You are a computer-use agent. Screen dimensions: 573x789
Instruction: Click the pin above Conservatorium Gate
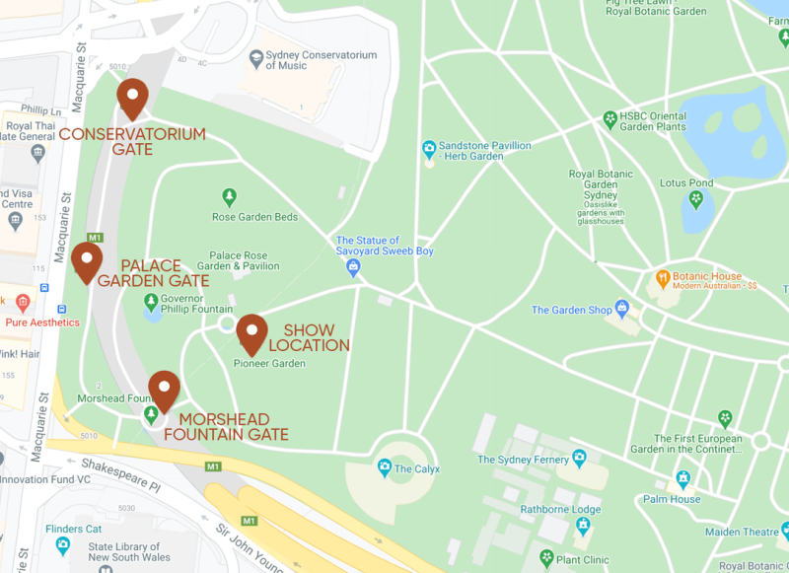click(132, 97)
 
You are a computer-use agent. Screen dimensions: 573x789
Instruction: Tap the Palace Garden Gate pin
click(87, 260)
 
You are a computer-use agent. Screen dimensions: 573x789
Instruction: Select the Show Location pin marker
click(252, 332)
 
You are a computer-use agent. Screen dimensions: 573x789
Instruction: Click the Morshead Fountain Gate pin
click(164, 389)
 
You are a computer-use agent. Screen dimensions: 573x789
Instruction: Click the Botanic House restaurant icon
click(664, 279)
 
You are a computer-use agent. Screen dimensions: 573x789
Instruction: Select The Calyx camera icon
click(383, 466)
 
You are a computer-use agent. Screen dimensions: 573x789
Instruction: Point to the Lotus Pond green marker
click(696, 199)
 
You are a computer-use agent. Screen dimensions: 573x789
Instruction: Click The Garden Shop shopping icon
click(621, 309)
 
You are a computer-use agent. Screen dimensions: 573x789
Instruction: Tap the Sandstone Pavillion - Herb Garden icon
click(429, 150)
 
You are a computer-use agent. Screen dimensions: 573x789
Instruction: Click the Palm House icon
click(682, 480)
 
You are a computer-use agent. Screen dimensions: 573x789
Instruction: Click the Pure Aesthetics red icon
click(22, 302)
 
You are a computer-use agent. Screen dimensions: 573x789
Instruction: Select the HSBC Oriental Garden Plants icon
click(610, 119)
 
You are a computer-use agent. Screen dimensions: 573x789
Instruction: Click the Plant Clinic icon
click(545, 558)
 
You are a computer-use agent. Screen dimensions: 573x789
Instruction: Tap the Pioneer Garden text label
click(269, 364)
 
